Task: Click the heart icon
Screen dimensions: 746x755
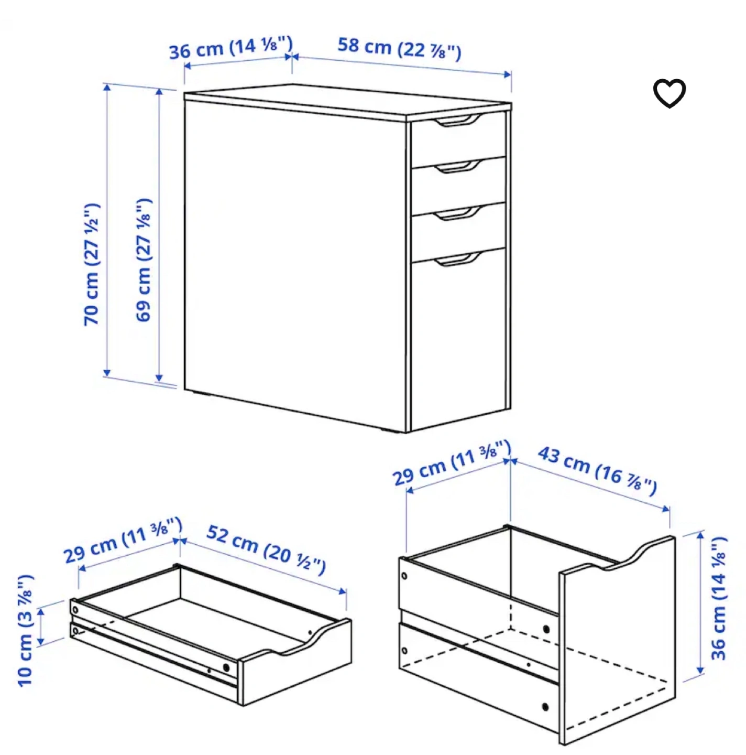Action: pos(669,93)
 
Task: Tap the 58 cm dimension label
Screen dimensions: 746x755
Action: pos(399,49)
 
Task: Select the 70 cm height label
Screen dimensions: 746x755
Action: pos(92,264)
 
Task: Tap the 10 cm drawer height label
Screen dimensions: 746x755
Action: pos(26,631)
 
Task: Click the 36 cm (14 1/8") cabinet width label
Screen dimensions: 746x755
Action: pos(231,48)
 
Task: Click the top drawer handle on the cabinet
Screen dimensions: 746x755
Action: pos(457,121)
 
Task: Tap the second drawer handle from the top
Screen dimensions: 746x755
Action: pos(457,167)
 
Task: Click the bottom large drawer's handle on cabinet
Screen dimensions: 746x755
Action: pos(457,259)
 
